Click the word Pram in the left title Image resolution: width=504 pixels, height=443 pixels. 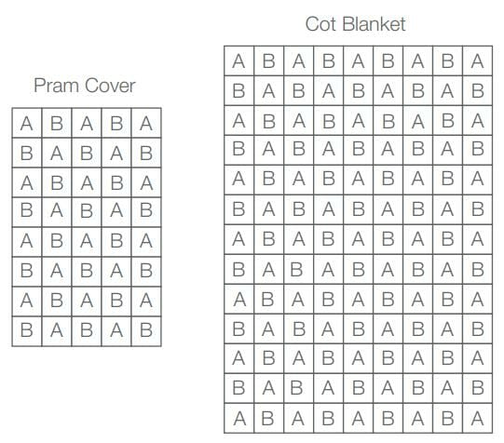coord(57,86)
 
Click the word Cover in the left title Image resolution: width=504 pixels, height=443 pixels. coord(110,86)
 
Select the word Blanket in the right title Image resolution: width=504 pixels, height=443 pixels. coord(375,24)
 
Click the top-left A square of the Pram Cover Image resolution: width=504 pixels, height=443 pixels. coord(27,123)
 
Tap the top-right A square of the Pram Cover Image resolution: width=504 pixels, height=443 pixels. coord(146,123)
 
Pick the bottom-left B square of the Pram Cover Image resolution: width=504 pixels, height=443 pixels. coord(27,331)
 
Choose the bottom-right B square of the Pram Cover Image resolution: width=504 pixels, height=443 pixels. coord(146,331)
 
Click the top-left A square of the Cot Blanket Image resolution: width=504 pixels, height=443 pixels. coord(239,61)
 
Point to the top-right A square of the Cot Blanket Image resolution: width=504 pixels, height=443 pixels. coord(478,61)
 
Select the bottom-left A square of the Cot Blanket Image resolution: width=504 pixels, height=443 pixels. coord(239,418)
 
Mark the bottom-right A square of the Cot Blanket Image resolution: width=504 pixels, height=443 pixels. coord(478,418)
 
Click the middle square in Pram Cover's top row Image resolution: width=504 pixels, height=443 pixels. coord(87,123)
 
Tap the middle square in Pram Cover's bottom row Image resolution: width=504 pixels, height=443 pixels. coord(87,331)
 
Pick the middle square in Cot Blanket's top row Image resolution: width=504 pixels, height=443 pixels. coord(359,61)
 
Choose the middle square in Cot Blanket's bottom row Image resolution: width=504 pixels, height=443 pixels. coord(359,418)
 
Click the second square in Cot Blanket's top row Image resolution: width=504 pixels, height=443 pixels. coord(269,61)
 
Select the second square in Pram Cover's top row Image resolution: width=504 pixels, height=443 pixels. coord(57,123)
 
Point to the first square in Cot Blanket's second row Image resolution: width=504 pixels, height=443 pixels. coord(239,91)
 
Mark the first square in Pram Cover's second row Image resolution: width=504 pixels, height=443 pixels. coord(27,153)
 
